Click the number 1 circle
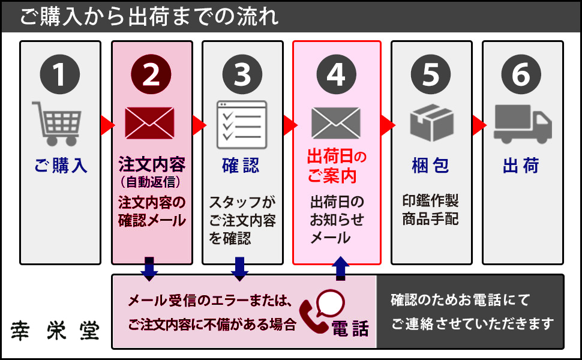60,74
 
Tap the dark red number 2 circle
151,74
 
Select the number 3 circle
242,74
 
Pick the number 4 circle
336,74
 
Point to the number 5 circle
431,74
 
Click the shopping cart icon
57,123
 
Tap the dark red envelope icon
149,122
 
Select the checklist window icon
241,122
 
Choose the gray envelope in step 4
336,122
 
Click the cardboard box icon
431,122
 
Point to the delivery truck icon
522,124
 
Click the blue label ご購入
61,166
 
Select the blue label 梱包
431,166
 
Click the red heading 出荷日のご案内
336,166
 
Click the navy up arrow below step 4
340,268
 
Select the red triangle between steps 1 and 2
106,125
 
